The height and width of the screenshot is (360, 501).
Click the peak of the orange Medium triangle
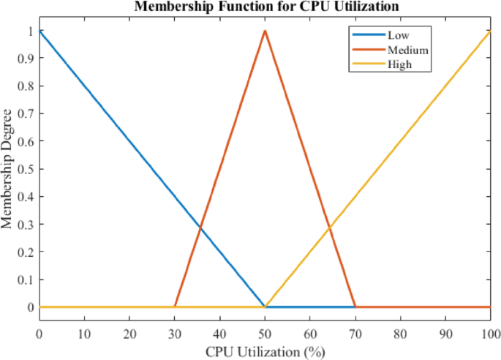pos(265,31)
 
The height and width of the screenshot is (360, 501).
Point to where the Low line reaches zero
pos(265,307)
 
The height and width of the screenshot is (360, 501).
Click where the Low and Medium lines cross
pos(200,228)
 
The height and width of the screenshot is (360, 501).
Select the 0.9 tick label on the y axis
pos(29,59)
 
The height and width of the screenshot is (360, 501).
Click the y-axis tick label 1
pos(31,31)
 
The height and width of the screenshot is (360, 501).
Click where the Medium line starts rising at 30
pos(175,307)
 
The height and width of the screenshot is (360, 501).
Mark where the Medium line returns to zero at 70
pos(355,307)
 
